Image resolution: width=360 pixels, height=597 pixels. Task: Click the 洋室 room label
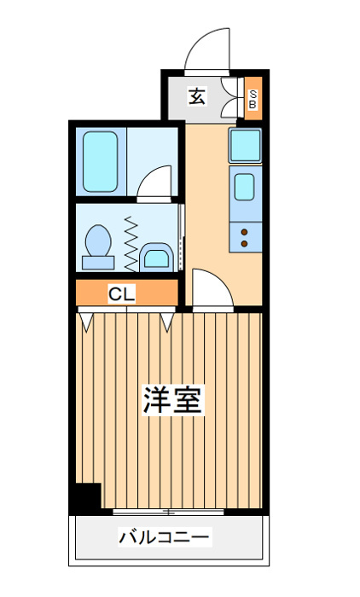[173, 399]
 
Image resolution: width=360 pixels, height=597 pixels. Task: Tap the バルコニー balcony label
[165, 537]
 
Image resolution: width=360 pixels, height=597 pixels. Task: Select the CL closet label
[121, 293]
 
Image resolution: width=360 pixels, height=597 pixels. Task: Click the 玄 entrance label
[197, 96]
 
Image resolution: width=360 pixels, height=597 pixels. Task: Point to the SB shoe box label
[253, 99]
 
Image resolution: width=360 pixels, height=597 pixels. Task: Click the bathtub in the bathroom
[100, 161]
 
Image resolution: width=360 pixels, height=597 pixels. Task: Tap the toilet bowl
[98, 247]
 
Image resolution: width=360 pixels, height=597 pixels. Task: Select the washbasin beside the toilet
[157, 258]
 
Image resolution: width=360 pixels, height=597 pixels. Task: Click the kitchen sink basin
[244, 187]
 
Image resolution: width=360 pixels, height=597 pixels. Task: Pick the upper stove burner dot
[244, 232]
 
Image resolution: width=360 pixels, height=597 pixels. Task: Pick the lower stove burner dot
[244, 244]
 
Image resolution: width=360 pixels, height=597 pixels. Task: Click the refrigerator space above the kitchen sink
[246, 145]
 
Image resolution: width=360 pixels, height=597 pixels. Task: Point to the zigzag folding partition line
[131, 244]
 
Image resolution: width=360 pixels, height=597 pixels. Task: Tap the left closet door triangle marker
[86, 322]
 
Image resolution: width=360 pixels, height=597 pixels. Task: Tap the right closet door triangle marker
[167, 322]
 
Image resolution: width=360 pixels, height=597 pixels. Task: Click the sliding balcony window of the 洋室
[168, 512]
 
